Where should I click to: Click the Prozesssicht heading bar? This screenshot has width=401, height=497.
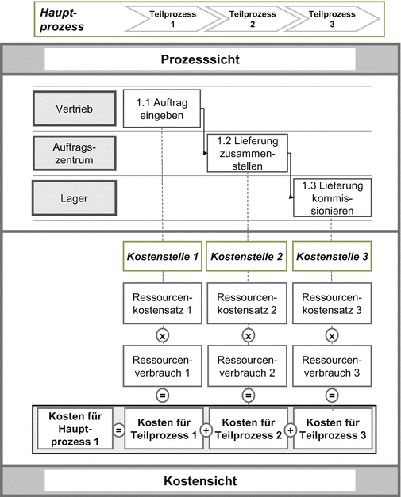[200, 60]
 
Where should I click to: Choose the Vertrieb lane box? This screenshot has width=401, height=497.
[70, 109]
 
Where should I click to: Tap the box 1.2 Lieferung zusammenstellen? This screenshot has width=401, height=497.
[247, 152]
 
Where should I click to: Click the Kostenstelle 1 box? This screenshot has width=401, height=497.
[162, 257]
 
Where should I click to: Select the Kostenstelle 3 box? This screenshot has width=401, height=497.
[333, 257]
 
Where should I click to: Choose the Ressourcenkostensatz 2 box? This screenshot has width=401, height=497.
[247, 302]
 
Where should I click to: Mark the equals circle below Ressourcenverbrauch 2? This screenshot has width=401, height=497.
[247, 395]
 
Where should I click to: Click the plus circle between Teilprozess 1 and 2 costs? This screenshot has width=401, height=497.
[205, 430]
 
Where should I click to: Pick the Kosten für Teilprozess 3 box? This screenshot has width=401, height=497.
[333, 429]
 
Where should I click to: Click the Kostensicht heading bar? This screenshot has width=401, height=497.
[200, 480]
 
